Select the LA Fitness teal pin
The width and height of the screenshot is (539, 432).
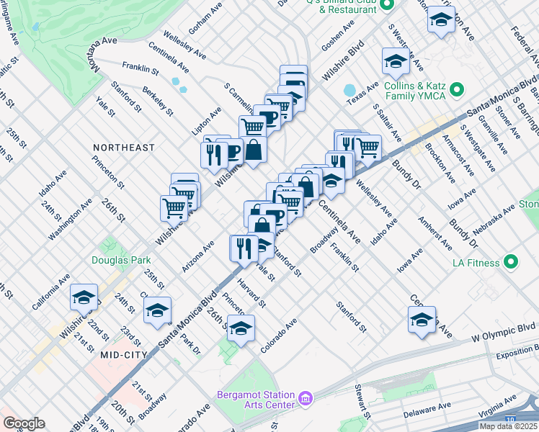512,262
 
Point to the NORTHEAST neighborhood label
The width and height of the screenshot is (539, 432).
123,148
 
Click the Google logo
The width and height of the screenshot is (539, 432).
24,423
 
